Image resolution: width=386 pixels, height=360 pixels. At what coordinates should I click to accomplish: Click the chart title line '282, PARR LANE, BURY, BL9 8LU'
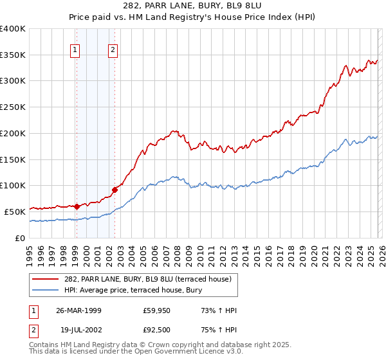point(192,6)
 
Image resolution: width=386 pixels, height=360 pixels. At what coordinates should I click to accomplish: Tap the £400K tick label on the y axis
point(13,29)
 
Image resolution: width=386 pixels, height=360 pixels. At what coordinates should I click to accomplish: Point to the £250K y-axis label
point(13,107)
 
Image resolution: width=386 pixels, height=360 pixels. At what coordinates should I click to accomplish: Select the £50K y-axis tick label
point(15,212)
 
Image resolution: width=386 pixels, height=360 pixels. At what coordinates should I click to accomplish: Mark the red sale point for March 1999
point(77,206)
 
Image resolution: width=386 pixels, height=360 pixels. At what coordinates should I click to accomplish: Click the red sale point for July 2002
point(115,190)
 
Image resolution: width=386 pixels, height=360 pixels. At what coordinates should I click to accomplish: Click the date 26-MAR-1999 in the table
point(78,310)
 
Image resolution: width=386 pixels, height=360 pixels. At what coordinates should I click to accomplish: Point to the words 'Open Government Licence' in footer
point(191,353)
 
